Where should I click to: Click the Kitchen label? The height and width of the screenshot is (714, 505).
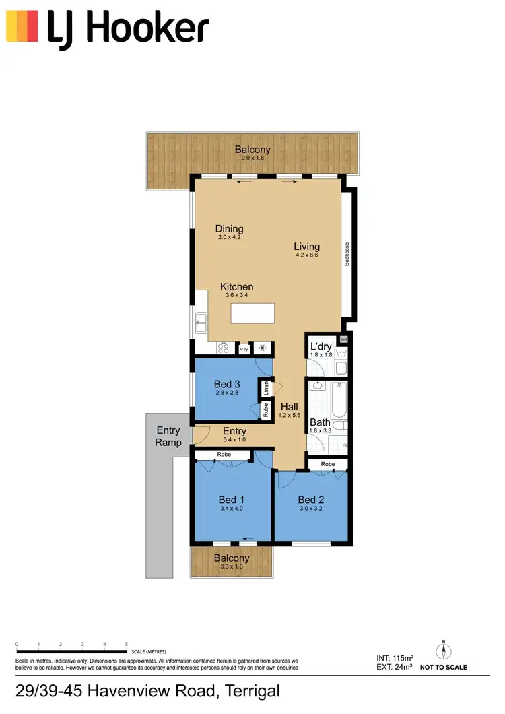tap(237, 287)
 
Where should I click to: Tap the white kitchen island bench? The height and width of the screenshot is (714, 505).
tap(253, 313)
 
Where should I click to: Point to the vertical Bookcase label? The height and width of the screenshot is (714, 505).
tap(347, 255)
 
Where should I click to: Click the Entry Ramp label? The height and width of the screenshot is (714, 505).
tap(168, 436)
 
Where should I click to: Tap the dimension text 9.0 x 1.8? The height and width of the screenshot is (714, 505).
tap(252, 158)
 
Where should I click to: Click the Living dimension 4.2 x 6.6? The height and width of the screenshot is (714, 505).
tap(306, 255)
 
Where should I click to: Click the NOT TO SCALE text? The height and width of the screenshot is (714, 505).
tap(444, 668)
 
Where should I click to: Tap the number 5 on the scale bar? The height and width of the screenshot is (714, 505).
tap(127, 645)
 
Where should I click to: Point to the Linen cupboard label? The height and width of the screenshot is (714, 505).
tap(266, 389)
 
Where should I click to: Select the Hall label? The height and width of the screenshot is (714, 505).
tap(290, 407)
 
